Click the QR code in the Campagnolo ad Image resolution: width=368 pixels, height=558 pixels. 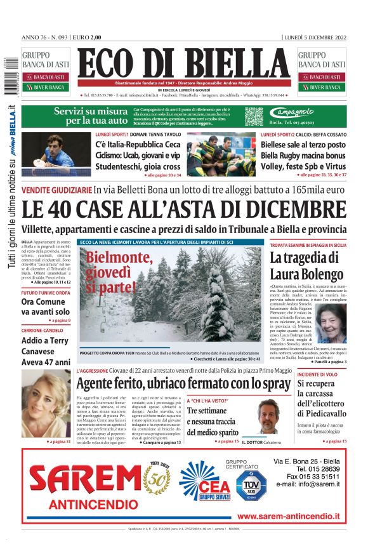pos(254,116)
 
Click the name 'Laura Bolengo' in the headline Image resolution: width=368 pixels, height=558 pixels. pos(306,274)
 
